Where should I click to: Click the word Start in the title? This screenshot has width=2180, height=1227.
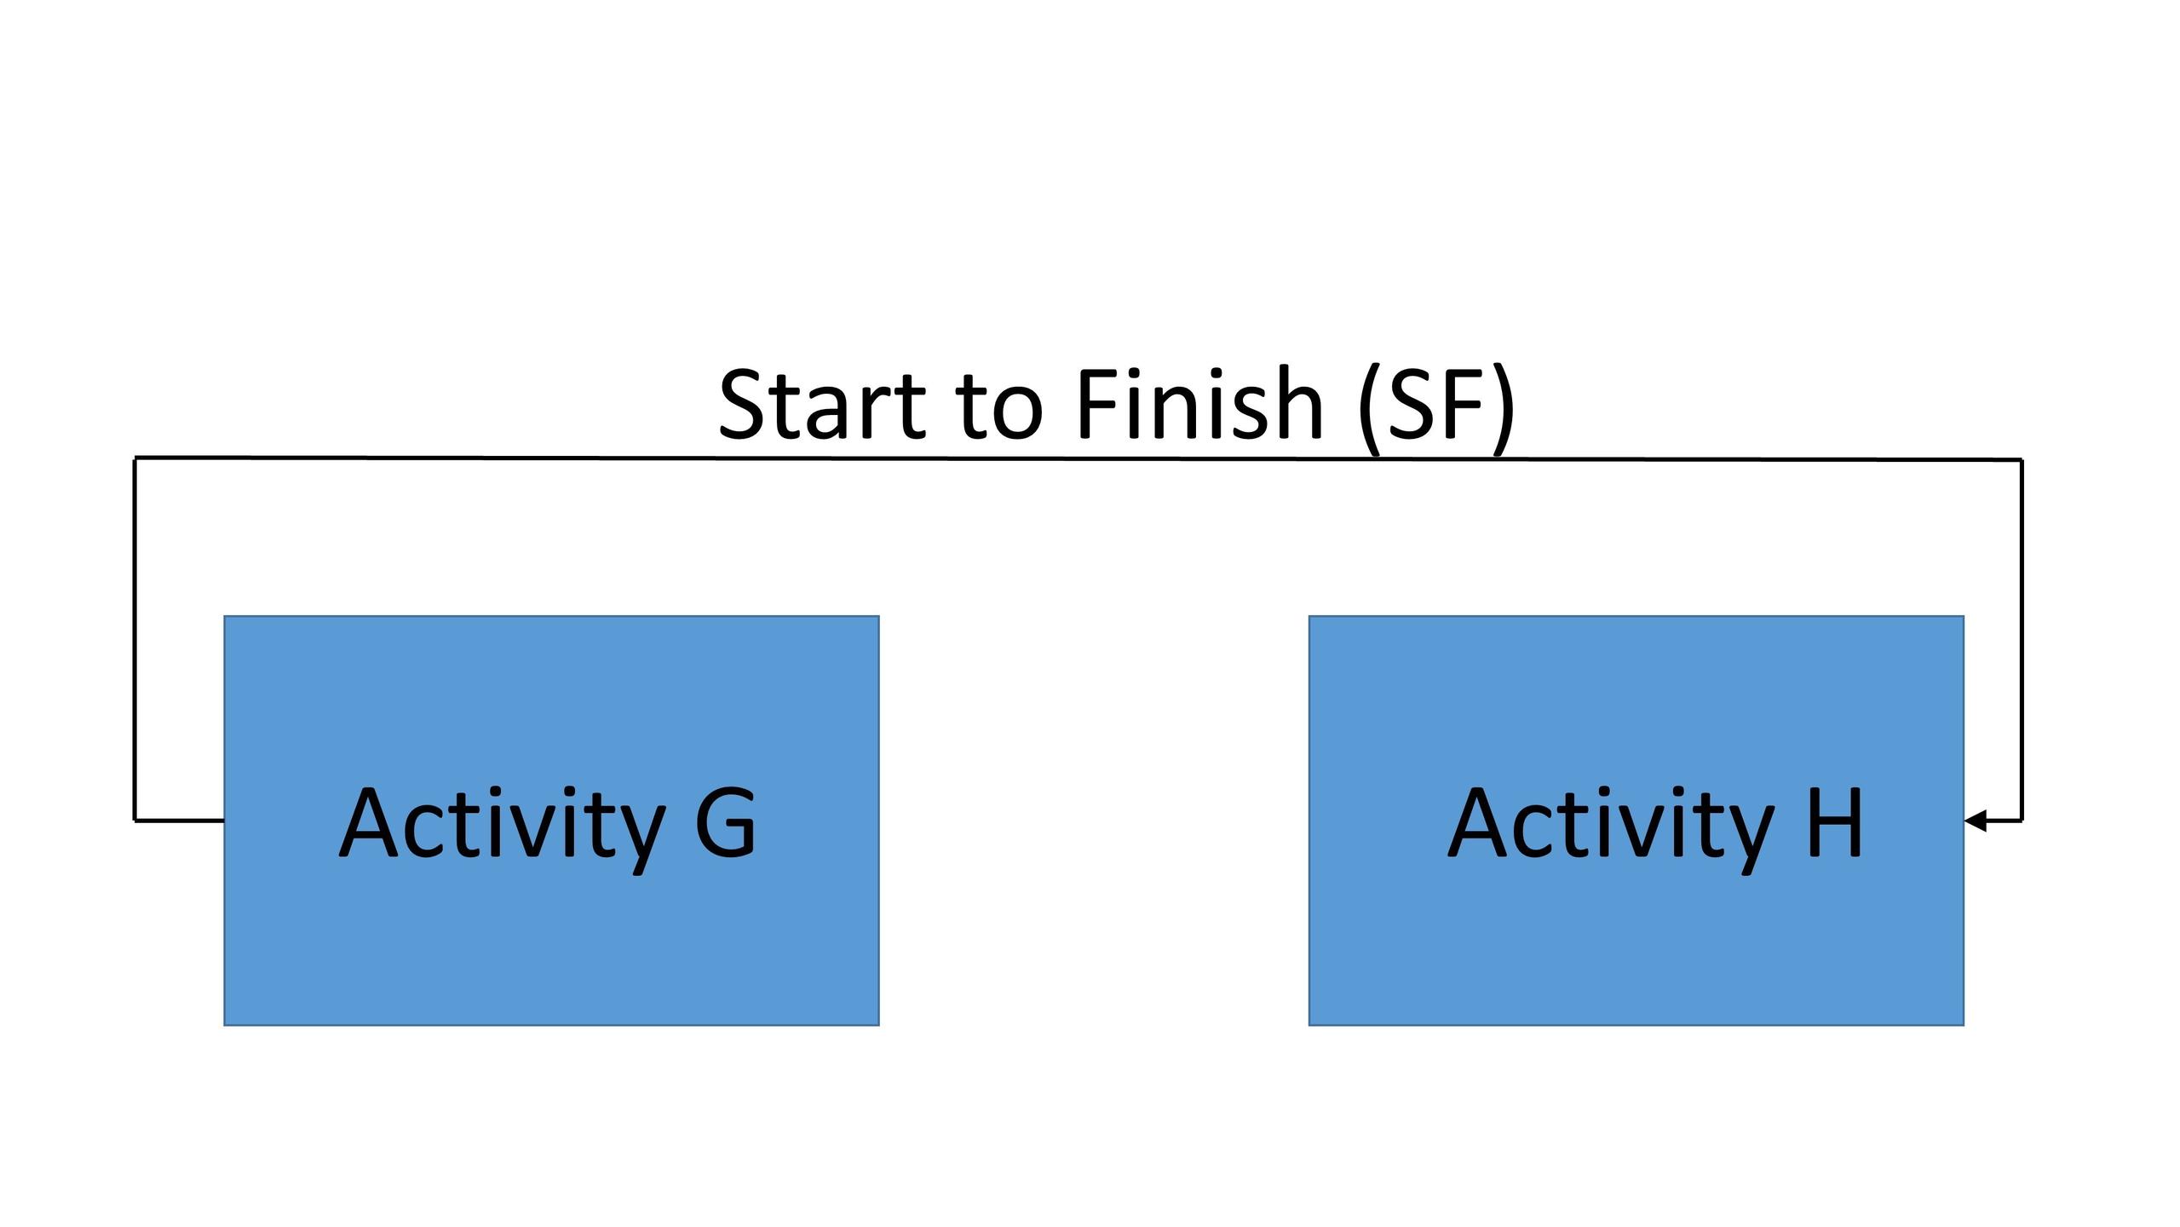point(821,404)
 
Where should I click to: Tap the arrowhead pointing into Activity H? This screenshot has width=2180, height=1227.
point(1976,821)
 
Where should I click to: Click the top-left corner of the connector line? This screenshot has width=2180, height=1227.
point(135,458)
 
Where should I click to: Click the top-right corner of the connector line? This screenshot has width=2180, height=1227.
point(2022,459)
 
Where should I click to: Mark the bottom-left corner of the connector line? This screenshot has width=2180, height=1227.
point(135,821)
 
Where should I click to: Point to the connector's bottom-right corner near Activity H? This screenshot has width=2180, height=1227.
point(2022,821)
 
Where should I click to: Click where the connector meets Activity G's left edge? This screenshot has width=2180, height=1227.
point(224,821)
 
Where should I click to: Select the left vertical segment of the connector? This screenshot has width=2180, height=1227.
point(135,639)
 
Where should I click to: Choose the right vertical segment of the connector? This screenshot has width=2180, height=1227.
point(2022,640)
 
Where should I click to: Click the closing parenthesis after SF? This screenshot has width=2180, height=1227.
point(1504,409)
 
